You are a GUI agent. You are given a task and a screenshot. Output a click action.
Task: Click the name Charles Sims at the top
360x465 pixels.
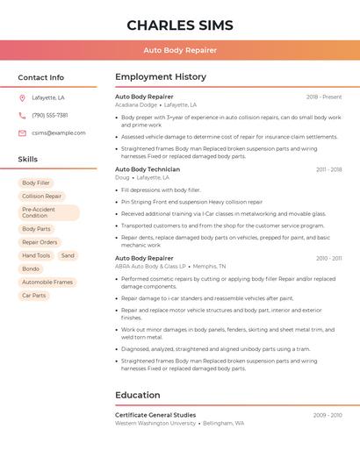pyautogui.click(x=179, y=25)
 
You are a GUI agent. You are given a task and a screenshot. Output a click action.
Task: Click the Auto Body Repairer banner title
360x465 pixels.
pyautogui.click(x=179, y=50)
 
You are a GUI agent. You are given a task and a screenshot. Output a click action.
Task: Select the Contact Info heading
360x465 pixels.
pyautogui.click(x=40, y=77)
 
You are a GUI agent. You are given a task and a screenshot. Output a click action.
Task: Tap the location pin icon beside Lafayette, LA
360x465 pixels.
pyautogui.click(x=22, y=97)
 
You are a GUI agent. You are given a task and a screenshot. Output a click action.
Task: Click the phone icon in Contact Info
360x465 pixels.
pyautogui.click(x=22, y=115)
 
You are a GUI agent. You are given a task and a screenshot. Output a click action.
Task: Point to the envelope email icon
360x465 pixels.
pyautogui.click(x=22, y=133)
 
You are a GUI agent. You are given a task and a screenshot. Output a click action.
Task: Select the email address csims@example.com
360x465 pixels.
pyautogui.click(x=59, y=133)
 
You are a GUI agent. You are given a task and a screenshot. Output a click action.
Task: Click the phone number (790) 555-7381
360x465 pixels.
pyautogui.click(x=50, y=115)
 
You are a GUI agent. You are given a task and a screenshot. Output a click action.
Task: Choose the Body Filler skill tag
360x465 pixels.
pyautogui.click(x=36, y=182)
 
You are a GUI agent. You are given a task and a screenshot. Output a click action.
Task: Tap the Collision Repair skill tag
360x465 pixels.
pyautogui.click(x=42, y=197)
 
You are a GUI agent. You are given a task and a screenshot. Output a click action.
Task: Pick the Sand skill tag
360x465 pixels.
pyautogui.click(x=68, y=255)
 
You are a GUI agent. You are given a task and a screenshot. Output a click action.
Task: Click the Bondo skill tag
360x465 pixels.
pyautogui.click(x=31, y=268)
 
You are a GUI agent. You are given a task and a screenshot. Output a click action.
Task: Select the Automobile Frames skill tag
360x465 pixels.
pyautogui.click(x=47, y=283)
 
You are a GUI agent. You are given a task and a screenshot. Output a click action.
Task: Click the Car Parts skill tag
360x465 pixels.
pyautogui.click(x=33, y=296)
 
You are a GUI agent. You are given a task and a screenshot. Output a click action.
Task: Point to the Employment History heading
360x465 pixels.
pyautogui.click(x=161, y=77)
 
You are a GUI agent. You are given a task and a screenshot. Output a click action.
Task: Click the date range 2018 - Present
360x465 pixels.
pyautogui.click(x=324, y=97)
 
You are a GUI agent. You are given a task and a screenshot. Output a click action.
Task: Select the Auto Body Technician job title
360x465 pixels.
pyautogui.click(x=148, y=169)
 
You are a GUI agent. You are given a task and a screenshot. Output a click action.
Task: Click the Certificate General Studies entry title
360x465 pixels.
pyautogui.click(x=155, y=415)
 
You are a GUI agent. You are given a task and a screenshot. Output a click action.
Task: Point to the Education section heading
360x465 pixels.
pyautogui.click(x=138, y=395)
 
